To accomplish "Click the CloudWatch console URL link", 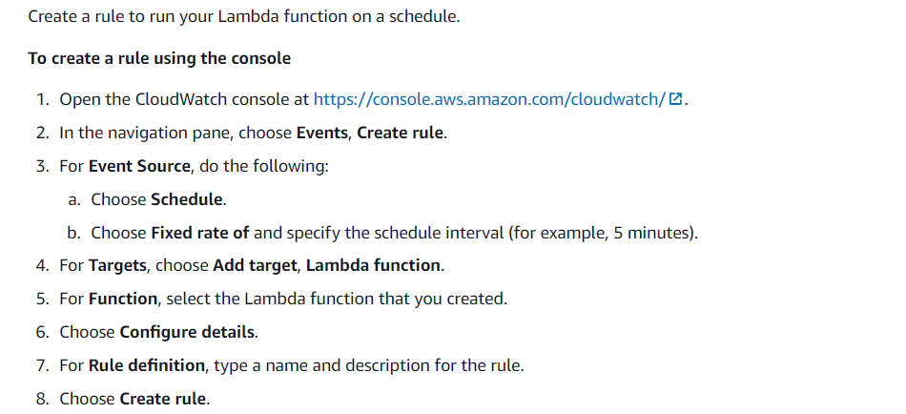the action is (489, 99).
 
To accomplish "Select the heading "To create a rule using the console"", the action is (159, 58).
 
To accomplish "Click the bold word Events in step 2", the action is (322, 133).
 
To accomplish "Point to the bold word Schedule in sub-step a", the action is (187, 199).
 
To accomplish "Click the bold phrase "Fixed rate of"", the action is (200, 233).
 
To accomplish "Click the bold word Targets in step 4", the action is (116, 265).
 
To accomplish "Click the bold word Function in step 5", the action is (123, 299).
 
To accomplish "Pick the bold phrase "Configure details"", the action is (187, 332).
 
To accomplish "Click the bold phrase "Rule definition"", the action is (147, 365).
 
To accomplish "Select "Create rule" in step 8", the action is (162, 399).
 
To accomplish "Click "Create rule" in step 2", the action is (401, 133).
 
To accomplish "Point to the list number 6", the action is (42, 332).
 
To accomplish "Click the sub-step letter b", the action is (72, 233).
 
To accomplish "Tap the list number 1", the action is (42, 99).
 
